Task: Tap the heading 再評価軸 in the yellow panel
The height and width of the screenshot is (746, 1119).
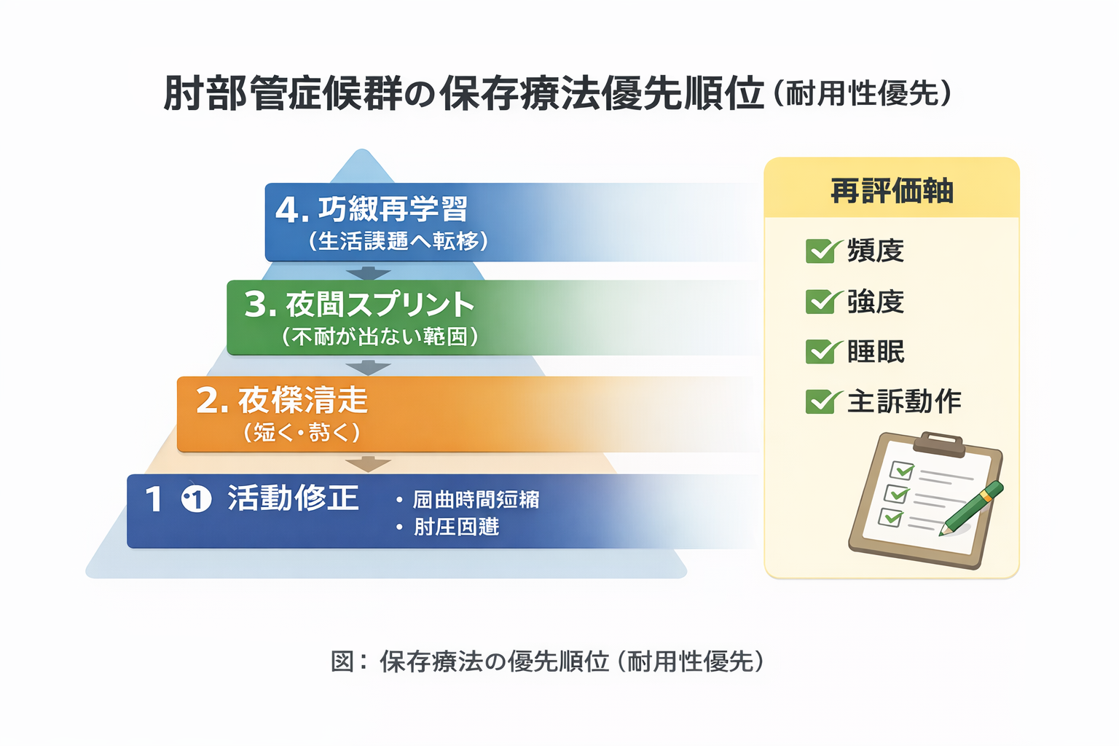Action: click(892, 191)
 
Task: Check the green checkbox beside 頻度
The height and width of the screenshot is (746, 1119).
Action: click(821, 251)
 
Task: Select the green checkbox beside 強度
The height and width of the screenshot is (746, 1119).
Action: click(821, 302)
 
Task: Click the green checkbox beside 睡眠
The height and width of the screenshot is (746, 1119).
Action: click(821, 352)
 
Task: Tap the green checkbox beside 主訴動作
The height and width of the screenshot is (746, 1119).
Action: click(821, 401)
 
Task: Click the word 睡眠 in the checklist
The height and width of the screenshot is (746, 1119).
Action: click(876, 352)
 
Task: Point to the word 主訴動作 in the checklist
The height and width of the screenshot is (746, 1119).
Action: click(904, 401)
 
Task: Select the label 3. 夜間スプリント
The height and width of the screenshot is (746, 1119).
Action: click(359, 305)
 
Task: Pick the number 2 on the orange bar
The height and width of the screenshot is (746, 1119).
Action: click(207, 400)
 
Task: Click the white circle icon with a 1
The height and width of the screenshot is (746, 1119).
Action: click(196, 499)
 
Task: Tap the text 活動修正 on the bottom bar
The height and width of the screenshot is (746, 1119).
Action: click(293, 498)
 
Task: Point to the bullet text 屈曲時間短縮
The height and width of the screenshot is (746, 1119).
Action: click(476, 500)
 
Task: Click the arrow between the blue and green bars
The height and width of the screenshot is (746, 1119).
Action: click(369, 272)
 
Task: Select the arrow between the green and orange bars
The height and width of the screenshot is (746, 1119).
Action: click(369, 367)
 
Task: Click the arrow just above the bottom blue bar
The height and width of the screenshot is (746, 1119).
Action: click(369, 463)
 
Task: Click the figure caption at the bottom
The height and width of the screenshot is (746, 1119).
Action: click(548, 661)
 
